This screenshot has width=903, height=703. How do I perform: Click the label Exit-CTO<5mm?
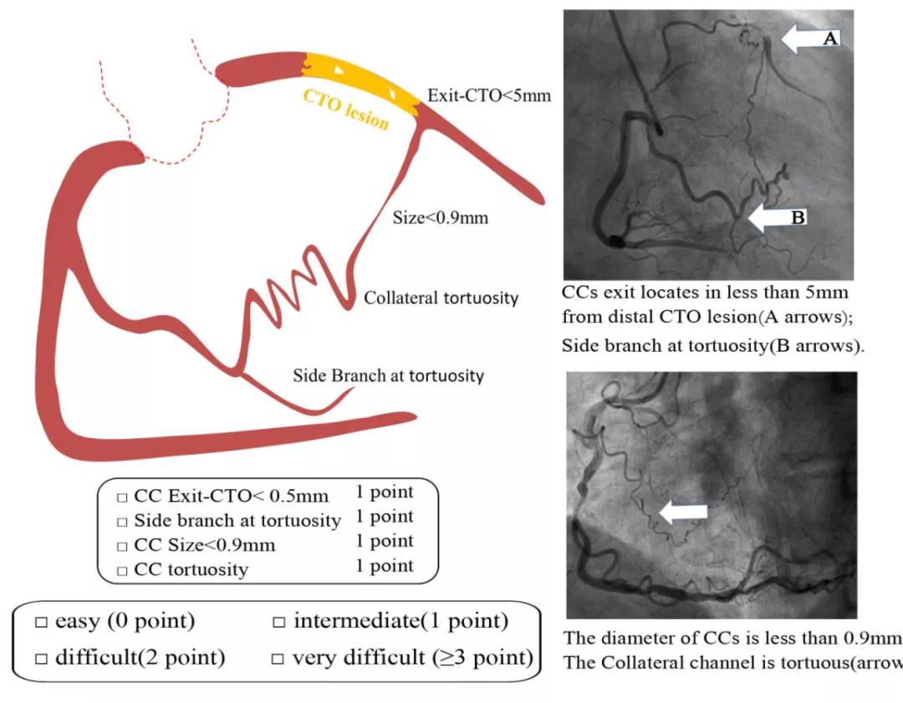tap(489, 95)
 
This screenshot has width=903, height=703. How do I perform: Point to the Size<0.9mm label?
tap(441, 219)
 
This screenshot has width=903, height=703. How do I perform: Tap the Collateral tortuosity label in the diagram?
tap(441, 298)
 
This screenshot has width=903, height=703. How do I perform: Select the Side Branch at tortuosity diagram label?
tap(388, 375)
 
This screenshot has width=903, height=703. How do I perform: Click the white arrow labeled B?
tap(777, 217)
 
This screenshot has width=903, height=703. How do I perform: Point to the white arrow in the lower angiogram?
tap(683, 511)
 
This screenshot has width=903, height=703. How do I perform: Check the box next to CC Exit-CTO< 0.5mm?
tap(122, 497)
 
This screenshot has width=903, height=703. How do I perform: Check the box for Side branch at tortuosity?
tap(122, 522)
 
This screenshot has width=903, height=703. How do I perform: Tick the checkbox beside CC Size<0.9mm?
tap(122, 546)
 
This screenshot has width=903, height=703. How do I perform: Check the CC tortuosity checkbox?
tap(122, 571)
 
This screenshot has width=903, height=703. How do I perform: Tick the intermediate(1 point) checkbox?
tap(279, 624)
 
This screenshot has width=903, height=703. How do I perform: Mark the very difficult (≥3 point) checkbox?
tap(279, 659)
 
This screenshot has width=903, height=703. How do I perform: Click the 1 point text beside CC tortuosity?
tap(385, 566)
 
